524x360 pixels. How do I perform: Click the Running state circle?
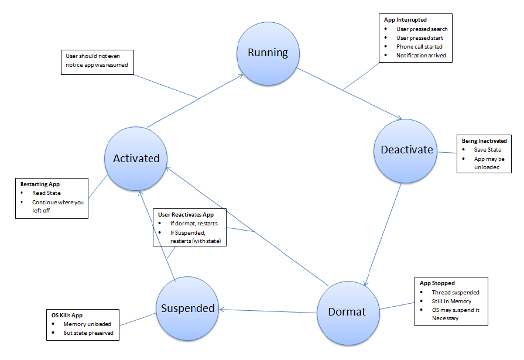coord(268,53)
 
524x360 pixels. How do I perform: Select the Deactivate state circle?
coord(405,151)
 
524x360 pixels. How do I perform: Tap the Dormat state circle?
coord(348,313)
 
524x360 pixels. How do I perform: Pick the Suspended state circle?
coord(187,308)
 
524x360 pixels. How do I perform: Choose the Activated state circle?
coord(136,159)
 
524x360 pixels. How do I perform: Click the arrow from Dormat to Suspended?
coord(268,311)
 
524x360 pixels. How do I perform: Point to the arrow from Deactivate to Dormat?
coord(383,235)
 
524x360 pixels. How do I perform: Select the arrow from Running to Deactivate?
coord(349,94)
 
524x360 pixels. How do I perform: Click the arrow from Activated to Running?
coord(196,101)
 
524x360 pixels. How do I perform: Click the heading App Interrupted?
coord(405,20)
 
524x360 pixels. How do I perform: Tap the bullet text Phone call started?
coord(419,46)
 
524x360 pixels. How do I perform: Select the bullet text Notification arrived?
coord(421,55)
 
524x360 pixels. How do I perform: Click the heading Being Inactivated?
coord(484,140)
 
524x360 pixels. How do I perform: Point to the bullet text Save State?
coord(487,150)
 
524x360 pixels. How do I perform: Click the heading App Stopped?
coord(437,283)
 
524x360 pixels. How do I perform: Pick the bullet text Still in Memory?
coord(451,301)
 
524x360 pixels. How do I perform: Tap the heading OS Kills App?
coord(67,315)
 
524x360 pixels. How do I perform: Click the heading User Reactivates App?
coord(186,215)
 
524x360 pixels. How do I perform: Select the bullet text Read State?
coord(46,193)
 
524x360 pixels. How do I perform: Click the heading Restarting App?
coord(40,184)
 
